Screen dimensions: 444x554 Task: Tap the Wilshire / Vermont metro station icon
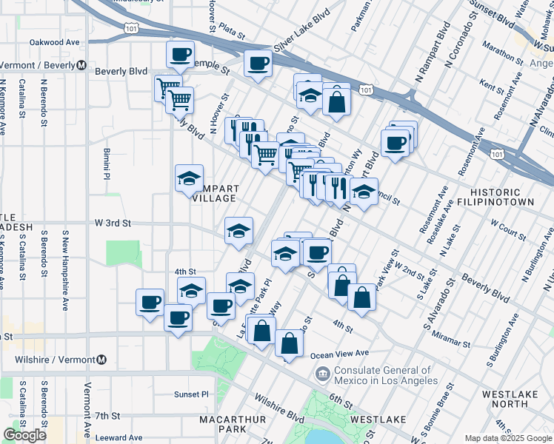coord(101,360)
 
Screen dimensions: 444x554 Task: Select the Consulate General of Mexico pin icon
coord(322,374)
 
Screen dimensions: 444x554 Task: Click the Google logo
coord(24,435)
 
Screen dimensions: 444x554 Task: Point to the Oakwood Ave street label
coord(54,43)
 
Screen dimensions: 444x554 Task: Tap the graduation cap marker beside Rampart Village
coord(189,178)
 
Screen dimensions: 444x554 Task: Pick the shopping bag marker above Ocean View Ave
coord(288,343)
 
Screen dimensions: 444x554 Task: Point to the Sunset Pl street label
coord(192,394)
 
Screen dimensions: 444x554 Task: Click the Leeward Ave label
coord(119,438)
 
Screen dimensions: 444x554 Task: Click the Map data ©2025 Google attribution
coord(508,438)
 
